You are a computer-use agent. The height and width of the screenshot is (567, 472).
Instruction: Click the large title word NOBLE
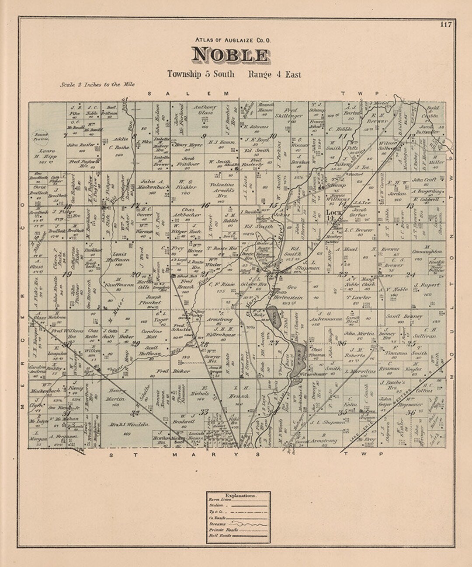click(230, 55)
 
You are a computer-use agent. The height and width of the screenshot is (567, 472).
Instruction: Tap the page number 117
click(445, 24)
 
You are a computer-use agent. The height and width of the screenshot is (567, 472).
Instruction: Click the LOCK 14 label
click(334, 214)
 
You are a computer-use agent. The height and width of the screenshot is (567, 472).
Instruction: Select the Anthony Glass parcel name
click(205, 110)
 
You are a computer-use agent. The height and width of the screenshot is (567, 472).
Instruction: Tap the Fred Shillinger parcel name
click(288, 113)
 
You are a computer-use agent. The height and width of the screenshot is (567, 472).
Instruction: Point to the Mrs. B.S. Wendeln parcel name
click(127, 424)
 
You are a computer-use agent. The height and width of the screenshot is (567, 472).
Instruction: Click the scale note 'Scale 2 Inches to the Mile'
click(97, 85)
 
